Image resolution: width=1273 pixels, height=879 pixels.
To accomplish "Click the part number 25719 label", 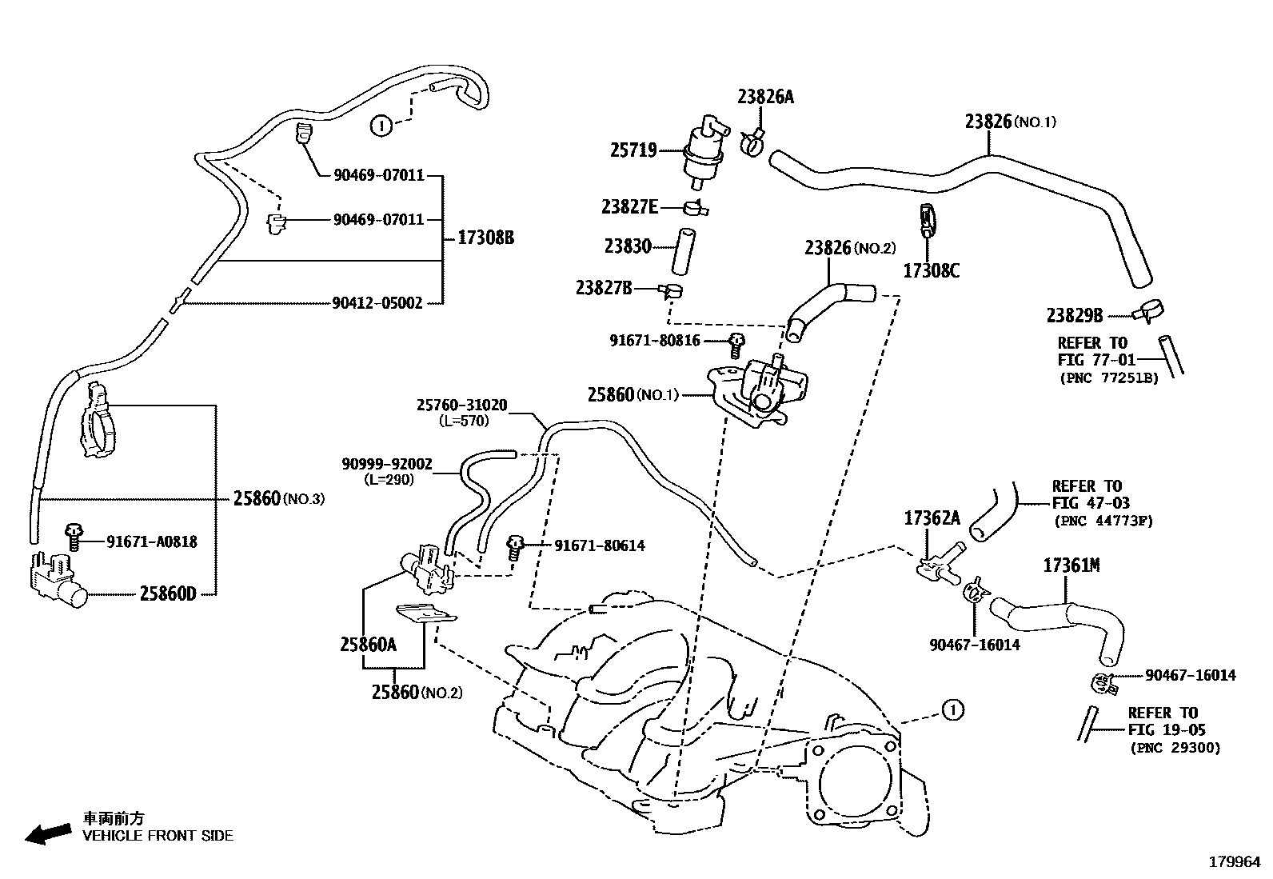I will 633,150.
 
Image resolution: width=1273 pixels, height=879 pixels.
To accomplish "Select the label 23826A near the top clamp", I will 765,97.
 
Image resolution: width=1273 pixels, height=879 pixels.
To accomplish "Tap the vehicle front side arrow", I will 47,833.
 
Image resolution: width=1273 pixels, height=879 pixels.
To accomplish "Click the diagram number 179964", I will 1234,862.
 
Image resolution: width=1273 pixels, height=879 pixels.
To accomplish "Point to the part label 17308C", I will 931,270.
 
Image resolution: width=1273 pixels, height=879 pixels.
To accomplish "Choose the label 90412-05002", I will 377,303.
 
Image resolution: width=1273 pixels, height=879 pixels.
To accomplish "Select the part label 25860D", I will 167,593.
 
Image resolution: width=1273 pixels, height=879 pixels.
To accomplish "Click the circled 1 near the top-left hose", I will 381,125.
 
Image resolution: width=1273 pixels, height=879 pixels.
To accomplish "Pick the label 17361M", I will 1071,565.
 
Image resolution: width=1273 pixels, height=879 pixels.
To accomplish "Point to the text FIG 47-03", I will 1090,503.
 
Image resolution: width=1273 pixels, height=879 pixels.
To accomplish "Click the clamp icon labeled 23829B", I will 1149,310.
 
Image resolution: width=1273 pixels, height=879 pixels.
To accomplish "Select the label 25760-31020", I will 461,406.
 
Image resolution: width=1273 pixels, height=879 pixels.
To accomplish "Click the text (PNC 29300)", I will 1175,748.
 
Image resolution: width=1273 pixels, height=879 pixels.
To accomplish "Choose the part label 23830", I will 628,246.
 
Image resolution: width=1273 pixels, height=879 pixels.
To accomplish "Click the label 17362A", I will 932,518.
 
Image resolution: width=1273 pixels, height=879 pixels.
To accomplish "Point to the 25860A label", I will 368,644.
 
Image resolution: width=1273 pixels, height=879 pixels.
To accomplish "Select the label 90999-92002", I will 386,464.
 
